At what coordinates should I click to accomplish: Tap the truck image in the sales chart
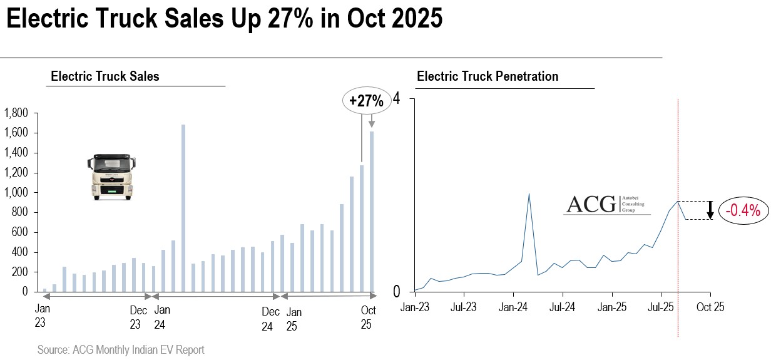110,177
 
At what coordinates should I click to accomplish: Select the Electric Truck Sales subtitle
105,76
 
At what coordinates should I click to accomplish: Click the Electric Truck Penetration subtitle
488,76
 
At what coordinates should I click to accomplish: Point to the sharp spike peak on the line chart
529,193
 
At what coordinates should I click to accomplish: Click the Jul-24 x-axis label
562,307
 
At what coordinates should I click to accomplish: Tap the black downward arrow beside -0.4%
710,210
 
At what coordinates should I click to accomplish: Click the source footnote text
121,349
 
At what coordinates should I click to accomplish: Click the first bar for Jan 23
44,290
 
